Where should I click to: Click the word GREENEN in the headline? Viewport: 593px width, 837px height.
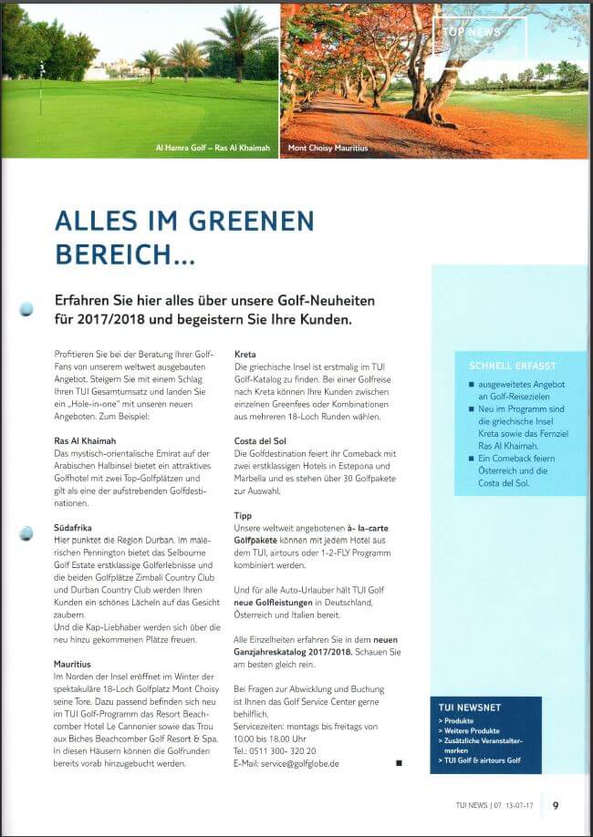point(245,222)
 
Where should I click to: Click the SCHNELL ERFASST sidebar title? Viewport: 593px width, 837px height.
point(512,365)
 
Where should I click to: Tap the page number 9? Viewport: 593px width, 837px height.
point(556,805)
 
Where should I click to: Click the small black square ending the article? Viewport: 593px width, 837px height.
point(399,762)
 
